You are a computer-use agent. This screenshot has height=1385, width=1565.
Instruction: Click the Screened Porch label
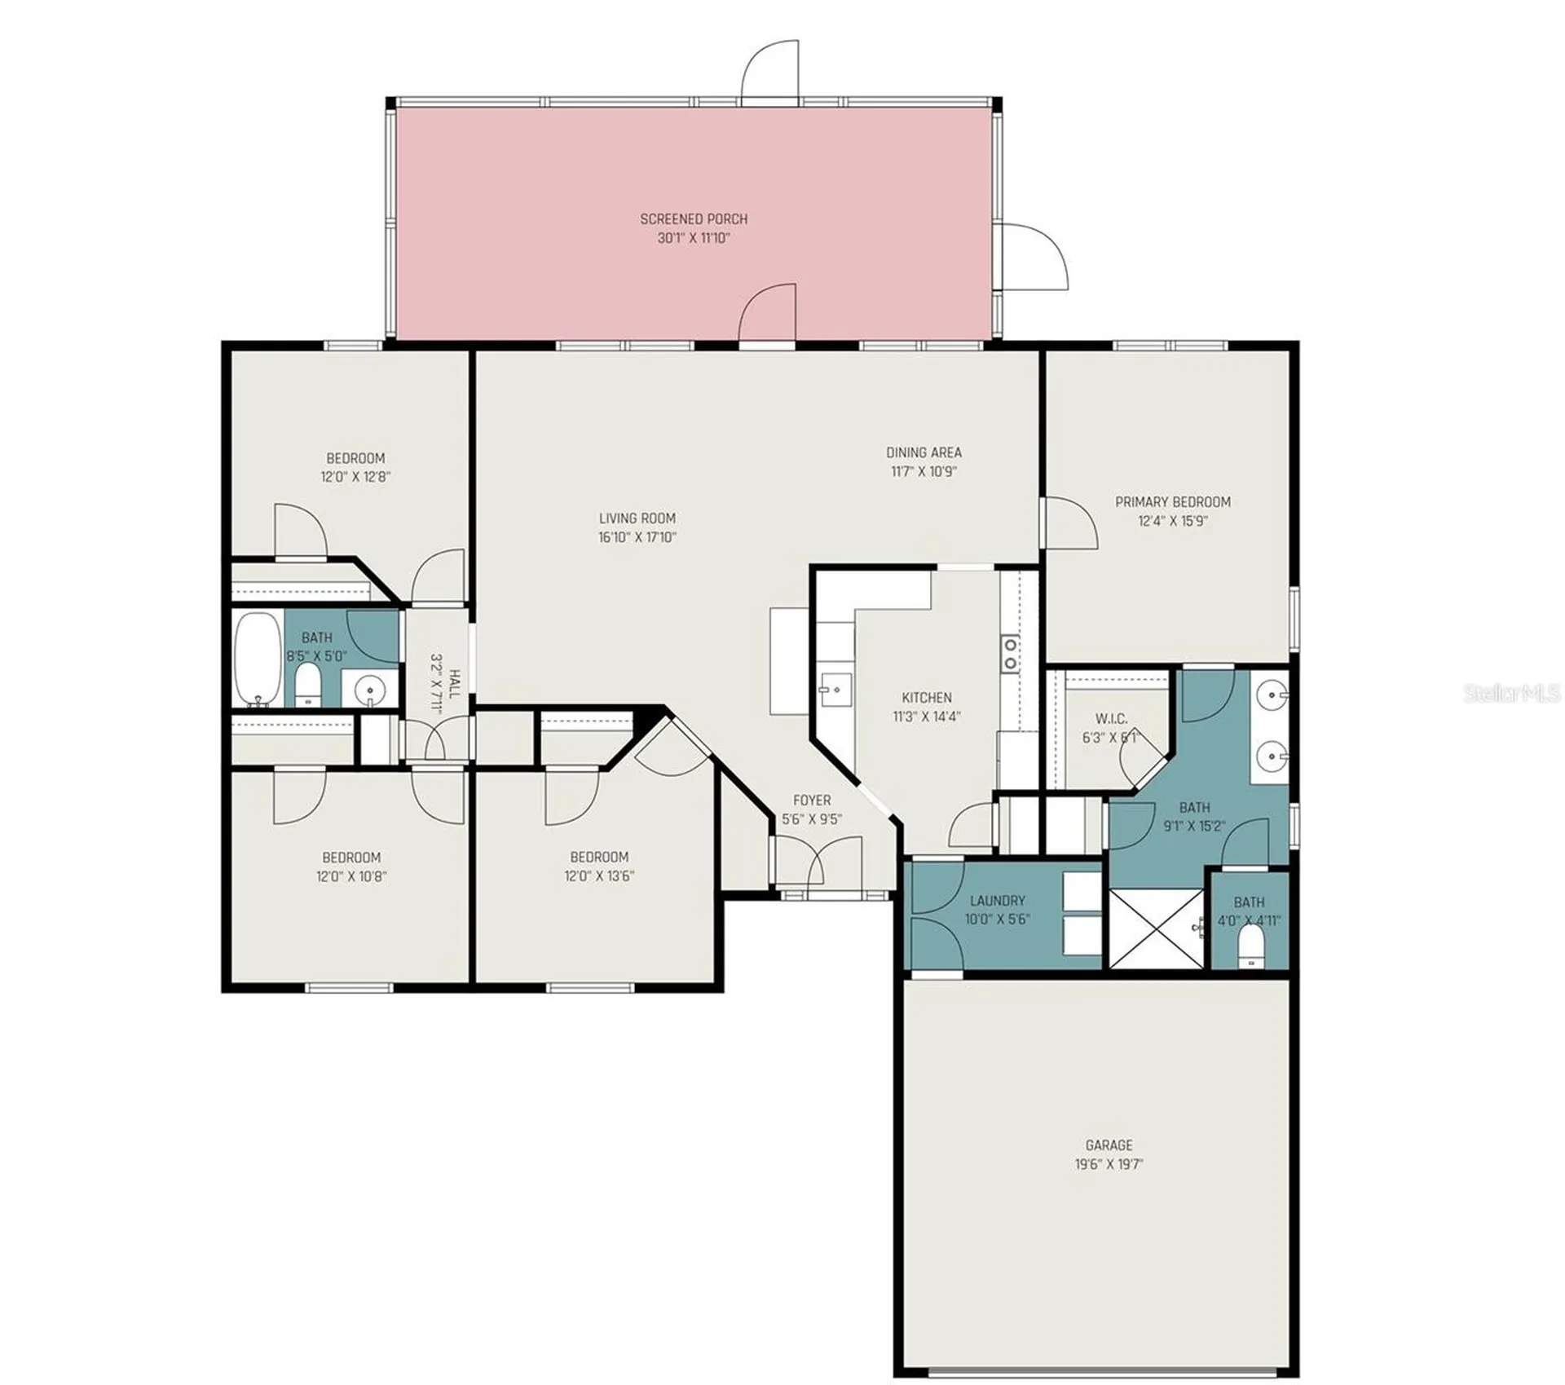pyautogui.click(x=694, y=218)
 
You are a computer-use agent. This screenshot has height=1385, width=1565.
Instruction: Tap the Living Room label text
pyautogui.click(x=637, y=518)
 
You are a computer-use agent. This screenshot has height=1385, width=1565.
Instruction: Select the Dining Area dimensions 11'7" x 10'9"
pyautogui.click(x=924, y=471)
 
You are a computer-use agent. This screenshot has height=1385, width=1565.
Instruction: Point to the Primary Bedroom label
pyautogui.click(x=1173, y=502)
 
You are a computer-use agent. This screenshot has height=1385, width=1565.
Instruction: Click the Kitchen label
pyautogui.click(x=927, y=698)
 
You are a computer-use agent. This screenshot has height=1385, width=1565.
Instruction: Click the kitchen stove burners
pyautogui.click(x=1011, y=653)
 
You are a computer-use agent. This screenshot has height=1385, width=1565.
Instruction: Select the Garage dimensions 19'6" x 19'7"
pyautogui.click(x=1109, y=1164)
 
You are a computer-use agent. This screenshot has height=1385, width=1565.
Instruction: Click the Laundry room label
pyautogui.click(x=998, y=901)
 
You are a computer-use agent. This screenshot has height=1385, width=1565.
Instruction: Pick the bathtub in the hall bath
pyautogui.click(x=258, y=659)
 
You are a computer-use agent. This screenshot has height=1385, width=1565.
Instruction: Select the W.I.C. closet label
pyautogui.click(x=1111, y=719)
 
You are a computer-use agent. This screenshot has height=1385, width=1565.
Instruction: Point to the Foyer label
pyautogui.click(x=812, y=801)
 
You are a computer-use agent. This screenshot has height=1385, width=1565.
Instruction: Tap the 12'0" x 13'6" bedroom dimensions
pyautogui.click(x=599, y=876)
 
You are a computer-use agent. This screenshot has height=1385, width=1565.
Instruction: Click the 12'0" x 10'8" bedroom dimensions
pyautogui.click(x=351, y=877)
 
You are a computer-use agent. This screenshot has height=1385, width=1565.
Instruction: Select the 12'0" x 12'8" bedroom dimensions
pyautogui.click(x=355, y=477)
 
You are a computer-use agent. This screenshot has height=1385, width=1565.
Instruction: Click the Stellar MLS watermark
pyautogui.click(x=1512, y=693)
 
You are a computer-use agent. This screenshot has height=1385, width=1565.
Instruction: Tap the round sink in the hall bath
pyautogui.click(x=370, y=690)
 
